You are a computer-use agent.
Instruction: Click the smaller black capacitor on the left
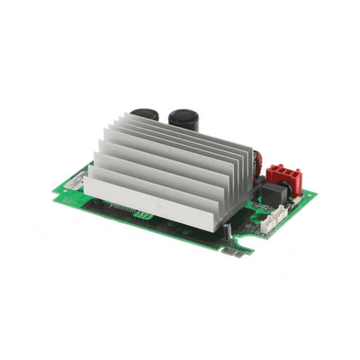[144, 115]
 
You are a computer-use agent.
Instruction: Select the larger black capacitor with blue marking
[184, 120]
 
